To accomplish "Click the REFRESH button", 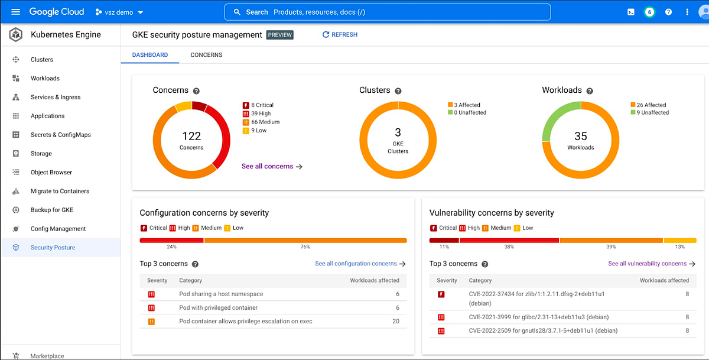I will point(340,35).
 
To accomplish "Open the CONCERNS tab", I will point(206,55).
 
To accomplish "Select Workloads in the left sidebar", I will point(45,78).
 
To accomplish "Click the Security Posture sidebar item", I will point(53,248).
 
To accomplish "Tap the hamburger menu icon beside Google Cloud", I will point(16,12).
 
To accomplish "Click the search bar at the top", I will point(387,12).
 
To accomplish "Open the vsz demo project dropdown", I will point(120,12).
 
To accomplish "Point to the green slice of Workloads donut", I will point(555,121).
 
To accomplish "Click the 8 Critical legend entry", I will point(261,105).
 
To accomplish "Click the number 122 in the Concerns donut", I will point(191,137).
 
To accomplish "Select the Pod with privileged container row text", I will point(218,308).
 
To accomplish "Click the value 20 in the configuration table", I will point(395,322).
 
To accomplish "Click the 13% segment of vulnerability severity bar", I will point(680,241).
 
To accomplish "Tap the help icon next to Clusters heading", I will point(398,91).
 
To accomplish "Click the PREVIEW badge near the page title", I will point(279,35).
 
